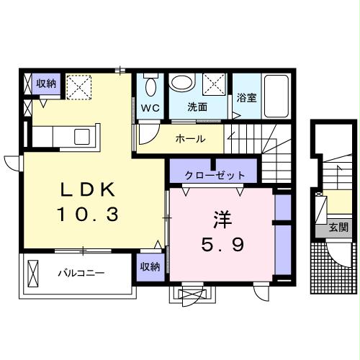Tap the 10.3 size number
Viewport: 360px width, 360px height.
86,214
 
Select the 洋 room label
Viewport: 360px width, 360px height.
221,217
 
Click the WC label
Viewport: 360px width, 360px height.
150,107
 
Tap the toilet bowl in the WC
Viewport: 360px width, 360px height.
150,86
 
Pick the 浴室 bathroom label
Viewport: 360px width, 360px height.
247,97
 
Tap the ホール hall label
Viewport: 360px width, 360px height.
190,139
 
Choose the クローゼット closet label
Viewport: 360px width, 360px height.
215,175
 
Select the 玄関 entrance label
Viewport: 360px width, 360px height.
338,228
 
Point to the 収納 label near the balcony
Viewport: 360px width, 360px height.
150,266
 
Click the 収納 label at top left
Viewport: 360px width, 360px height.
47,84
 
